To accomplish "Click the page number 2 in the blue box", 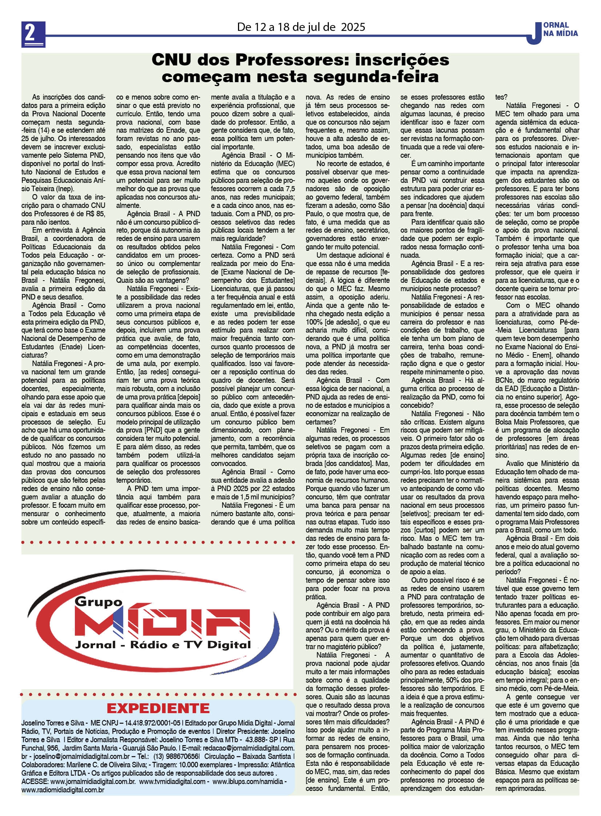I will pos(33,33).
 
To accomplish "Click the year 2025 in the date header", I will pos(353,27).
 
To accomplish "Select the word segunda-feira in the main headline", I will pos(382,77).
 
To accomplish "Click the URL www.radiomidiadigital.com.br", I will pos(63,789).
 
